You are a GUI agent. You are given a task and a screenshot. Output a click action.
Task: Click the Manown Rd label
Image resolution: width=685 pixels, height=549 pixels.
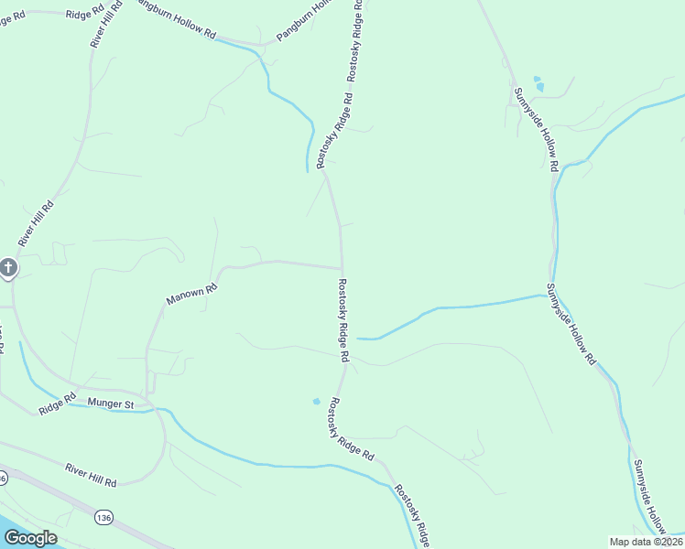pos(191,294)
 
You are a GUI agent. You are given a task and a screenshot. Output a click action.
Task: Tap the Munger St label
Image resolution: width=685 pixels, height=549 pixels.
pos(111,403)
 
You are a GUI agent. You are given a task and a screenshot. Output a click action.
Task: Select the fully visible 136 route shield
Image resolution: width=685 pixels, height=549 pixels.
pos(103,518)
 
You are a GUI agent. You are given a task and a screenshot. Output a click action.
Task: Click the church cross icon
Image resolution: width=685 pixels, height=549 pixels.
pos(8,267)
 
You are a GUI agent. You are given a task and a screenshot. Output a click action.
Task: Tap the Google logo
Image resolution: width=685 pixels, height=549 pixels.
pos(30,538)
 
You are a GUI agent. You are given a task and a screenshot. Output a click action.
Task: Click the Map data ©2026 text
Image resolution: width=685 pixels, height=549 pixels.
pos(646,542)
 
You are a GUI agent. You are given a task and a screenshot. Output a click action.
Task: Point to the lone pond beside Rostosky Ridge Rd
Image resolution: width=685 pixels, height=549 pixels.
pos(317,401)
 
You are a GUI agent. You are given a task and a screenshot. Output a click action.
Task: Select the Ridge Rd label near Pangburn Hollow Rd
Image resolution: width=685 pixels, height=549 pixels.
pos(85,16)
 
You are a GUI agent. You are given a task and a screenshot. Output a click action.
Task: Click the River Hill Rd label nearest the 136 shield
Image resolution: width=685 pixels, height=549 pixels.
pos(91,474)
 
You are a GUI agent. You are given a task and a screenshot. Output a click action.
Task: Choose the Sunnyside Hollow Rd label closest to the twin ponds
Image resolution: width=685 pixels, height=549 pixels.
pos(535,130)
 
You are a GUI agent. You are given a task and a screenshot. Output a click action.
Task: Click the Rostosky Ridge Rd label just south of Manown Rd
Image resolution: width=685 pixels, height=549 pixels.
pos(343,318)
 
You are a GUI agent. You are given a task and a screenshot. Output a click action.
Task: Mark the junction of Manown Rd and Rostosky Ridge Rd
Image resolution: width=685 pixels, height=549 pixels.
pos(342,268)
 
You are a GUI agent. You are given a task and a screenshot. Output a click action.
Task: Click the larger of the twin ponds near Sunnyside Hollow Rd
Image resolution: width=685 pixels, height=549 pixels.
pos(539,88)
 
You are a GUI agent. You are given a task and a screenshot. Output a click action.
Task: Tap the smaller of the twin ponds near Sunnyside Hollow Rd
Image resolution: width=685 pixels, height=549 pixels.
pos(536,79)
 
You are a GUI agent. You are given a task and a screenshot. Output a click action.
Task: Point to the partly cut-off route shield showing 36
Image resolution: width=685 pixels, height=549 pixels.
pos(3,478)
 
